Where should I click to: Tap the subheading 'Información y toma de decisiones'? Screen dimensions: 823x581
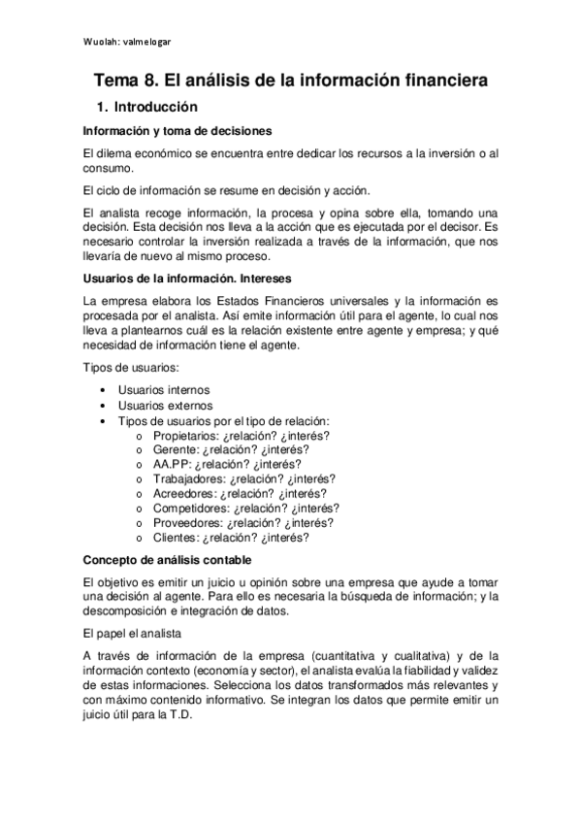(x=177, y=130)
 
